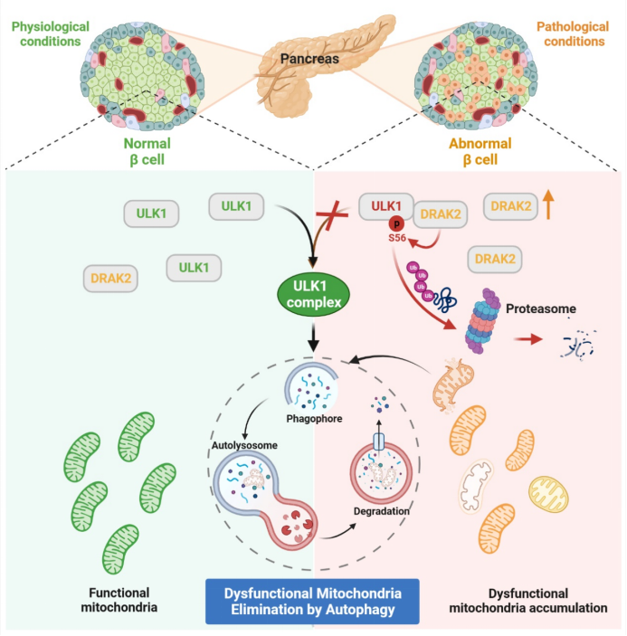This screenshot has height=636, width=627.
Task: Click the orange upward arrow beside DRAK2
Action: [548, 206]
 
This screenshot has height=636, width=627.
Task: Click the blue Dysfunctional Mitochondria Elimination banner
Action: [312, 601]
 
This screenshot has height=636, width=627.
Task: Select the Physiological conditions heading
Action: [51, 33]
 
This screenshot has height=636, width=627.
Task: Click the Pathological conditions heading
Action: [573, 33]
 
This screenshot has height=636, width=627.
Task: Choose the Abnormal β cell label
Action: [480, 151]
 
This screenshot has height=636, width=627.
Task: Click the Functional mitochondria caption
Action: [106, 601]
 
